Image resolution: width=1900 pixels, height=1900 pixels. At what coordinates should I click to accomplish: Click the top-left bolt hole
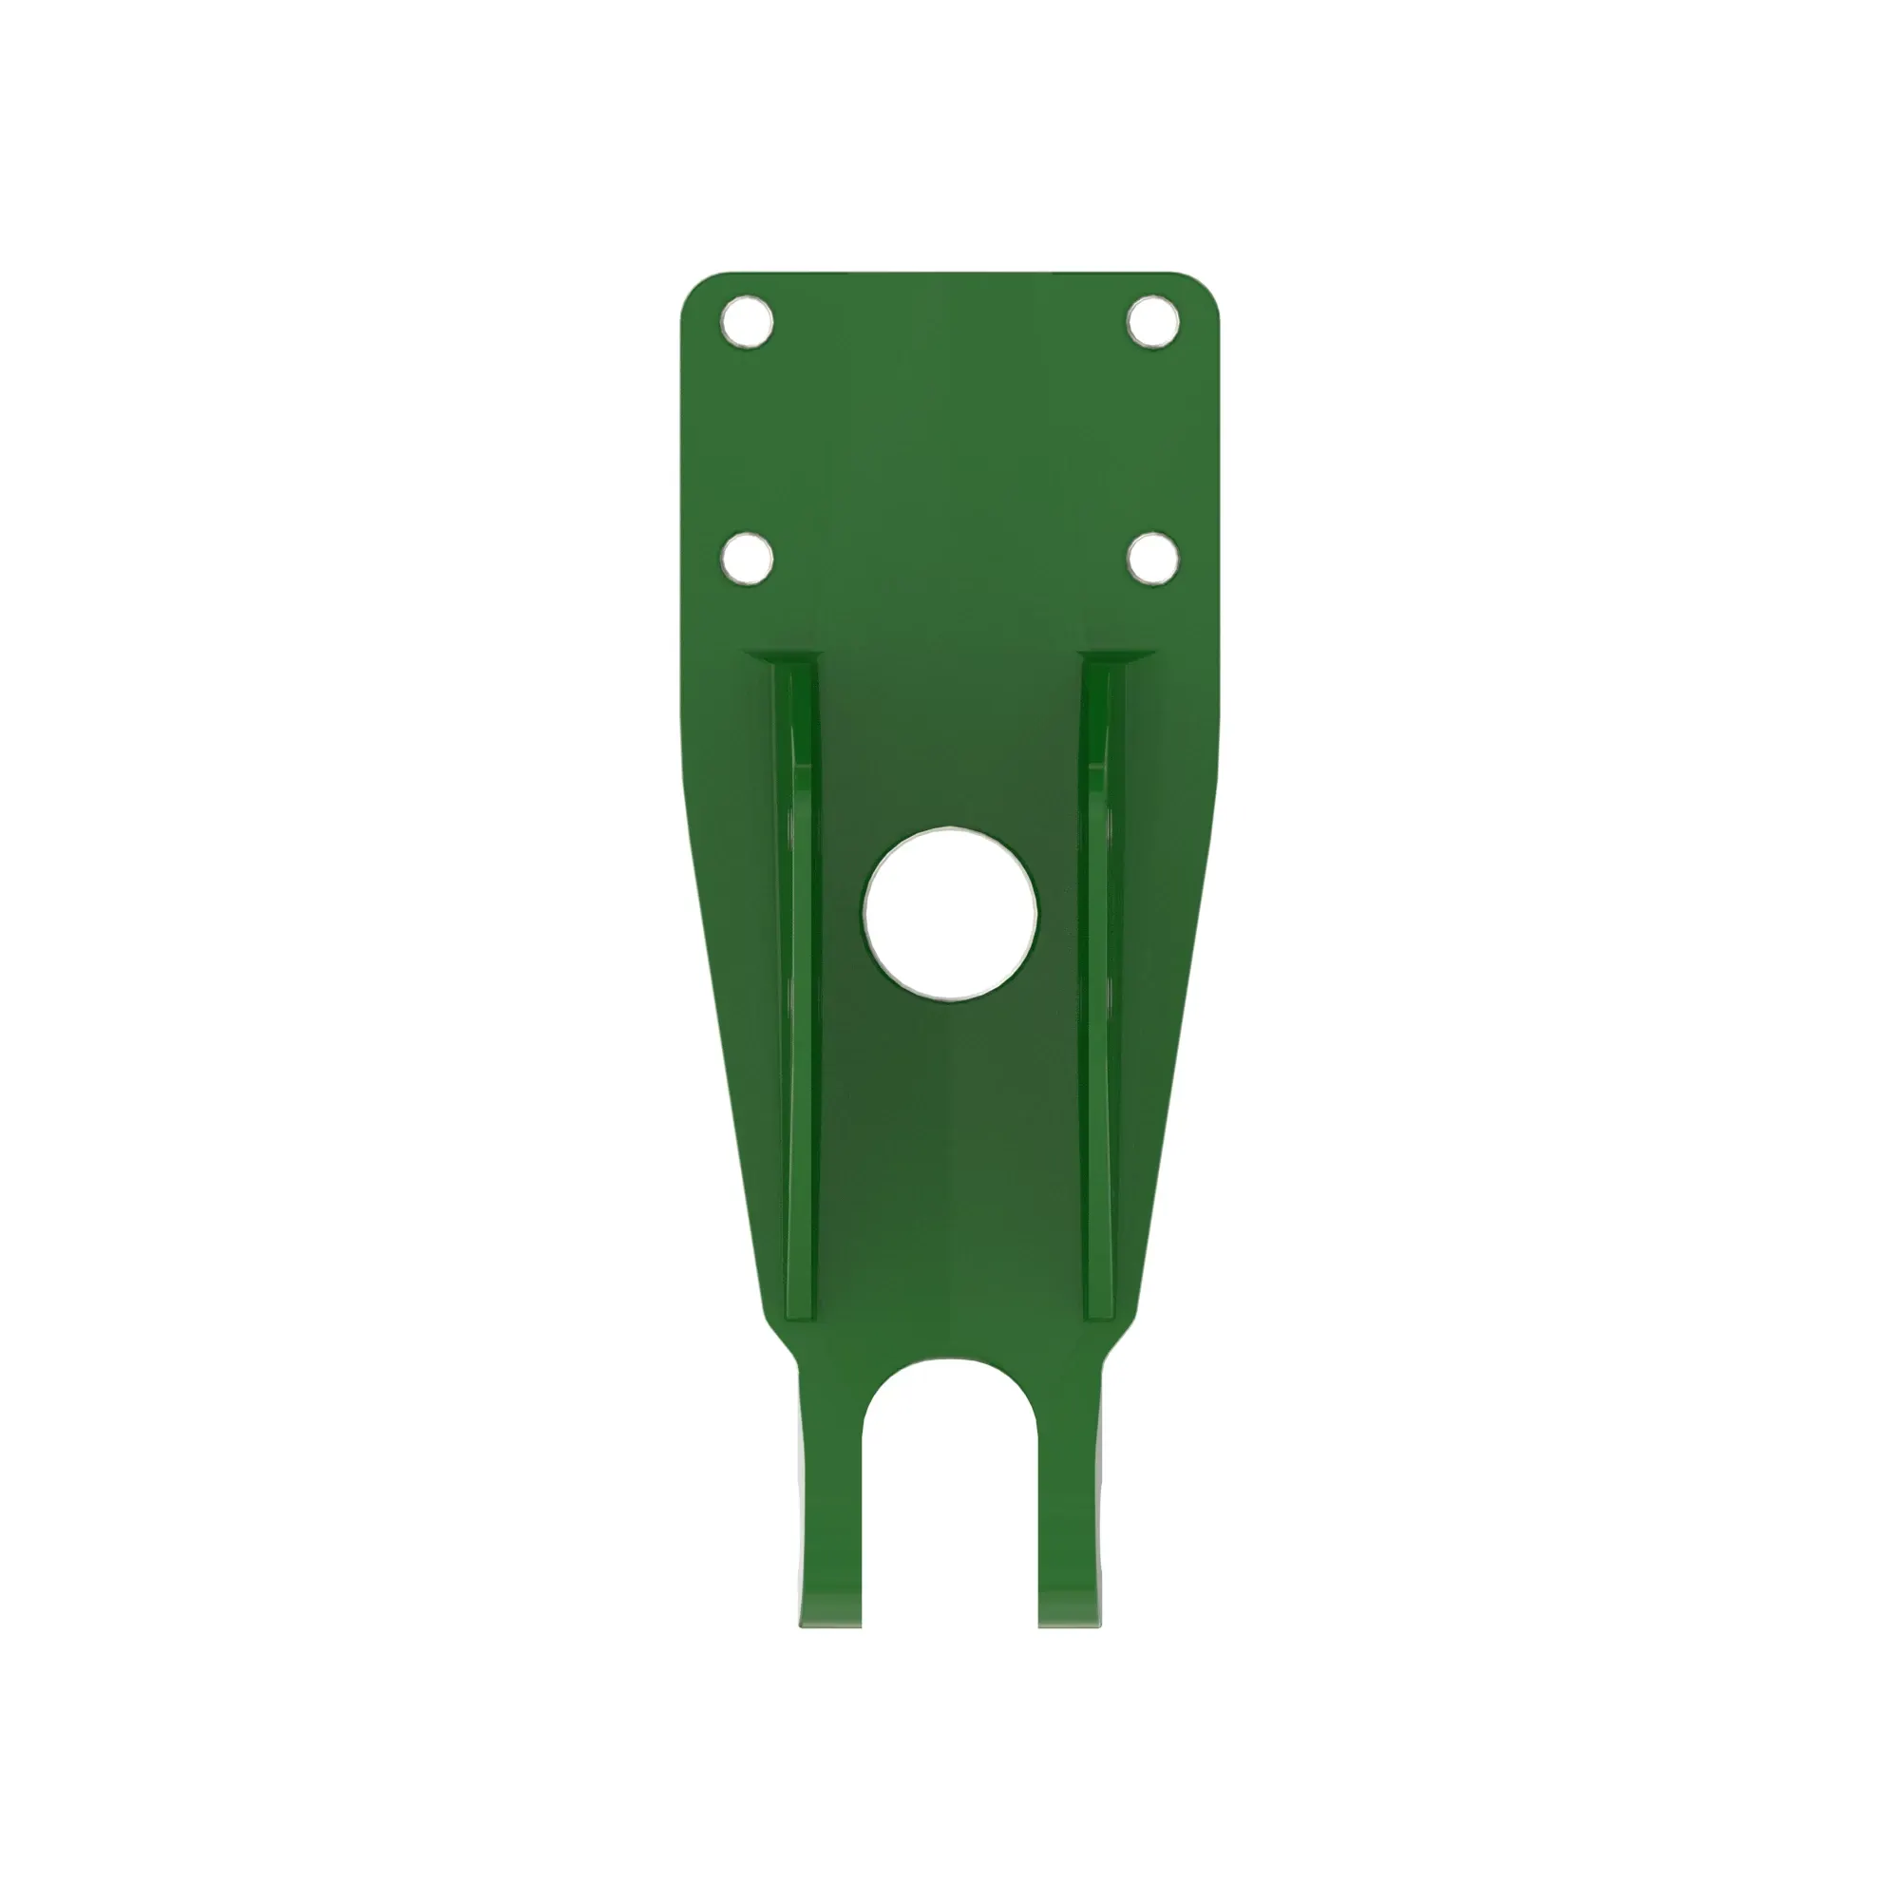(747, 320)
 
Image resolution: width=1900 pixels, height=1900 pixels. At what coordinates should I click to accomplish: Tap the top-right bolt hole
(1152, 320)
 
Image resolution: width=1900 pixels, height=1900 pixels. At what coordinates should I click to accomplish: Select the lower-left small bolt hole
(747, 558)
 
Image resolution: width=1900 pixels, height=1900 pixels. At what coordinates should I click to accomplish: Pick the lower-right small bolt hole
(1152, 558)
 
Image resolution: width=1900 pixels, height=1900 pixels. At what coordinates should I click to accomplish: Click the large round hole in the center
(950, 914)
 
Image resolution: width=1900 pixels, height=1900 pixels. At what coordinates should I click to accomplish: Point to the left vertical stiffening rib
(803, 983)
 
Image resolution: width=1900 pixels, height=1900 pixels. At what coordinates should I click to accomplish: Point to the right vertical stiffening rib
(1098, 983)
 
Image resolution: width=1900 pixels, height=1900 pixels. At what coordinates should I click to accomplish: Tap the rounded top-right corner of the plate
(1201, 291)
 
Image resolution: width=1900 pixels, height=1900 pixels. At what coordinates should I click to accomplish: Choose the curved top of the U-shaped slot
(950, 1365)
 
